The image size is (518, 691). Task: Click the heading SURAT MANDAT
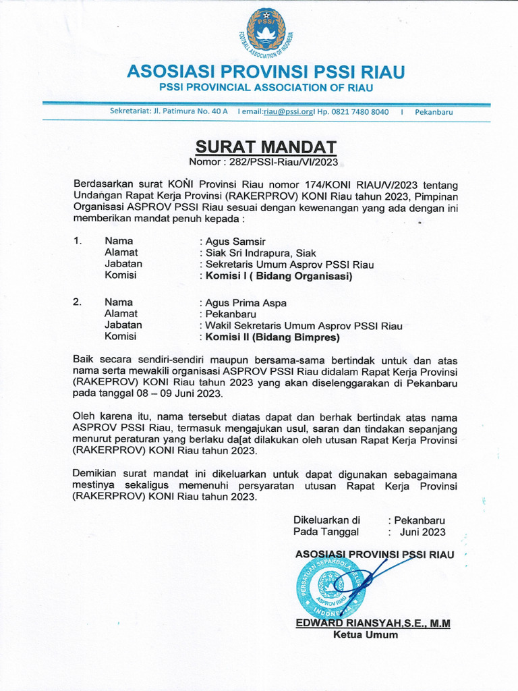(265, 148)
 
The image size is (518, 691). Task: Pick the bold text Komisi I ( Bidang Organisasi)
(279, 276)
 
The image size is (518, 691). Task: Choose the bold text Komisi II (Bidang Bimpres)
(272, 337)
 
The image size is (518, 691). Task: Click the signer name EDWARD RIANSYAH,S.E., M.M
(372, 624)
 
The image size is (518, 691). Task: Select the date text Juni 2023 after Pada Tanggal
(422, 532)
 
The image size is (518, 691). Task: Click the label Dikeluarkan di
(326, 520)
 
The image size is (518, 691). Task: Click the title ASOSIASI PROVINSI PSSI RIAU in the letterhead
(266, 72)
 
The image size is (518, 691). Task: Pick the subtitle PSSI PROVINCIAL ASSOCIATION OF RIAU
(266, 88)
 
